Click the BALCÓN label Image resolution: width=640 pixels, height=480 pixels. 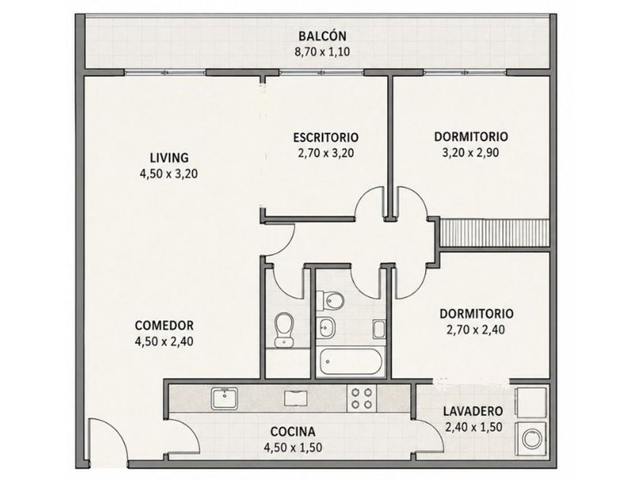322,36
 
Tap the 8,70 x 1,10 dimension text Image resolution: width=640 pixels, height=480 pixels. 322,53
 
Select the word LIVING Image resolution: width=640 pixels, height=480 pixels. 169,158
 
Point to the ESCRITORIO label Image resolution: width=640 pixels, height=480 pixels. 326,137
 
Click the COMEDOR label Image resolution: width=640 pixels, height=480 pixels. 164,325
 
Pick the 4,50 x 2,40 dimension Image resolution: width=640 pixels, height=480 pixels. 164,341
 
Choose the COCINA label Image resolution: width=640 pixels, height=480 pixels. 293,431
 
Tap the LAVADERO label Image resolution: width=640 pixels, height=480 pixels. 473,411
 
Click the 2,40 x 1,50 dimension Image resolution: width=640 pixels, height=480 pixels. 473,427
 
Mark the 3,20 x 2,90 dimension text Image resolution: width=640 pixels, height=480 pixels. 471,152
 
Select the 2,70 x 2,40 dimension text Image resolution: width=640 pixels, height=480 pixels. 476,329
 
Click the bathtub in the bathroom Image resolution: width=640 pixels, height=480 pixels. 351,362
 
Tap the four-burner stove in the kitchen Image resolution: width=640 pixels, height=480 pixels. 362,398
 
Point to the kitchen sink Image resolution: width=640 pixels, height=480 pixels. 224,398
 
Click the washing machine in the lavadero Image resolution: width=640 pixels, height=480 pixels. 532,440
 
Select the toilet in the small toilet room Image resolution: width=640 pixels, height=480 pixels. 283,329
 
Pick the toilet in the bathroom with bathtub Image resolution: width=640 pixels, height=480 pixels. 331,301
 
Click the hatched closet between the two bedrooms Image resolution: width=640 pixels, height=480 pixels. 494,233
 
